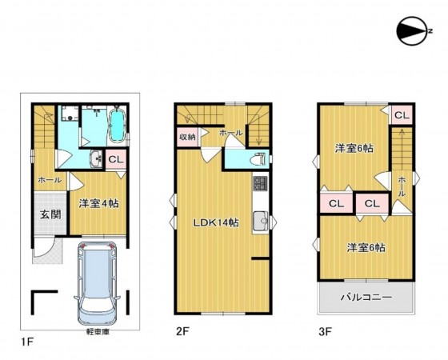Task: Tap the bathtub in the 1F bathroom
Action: click(118, 126)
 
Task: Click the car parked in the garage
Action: click(97, 284)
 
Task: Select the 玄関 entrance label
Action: click(50, 214)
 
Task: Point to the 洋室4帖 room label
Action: click(98, 204)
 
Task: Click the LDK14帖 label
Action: click(216, 222)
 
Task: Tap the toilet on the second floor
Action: click(258, 158)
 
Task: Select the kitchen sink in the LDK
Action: click(260, 221)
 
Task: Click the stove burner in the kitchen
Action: click(260, 184)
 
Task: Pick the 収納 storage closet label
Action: click(187, 137)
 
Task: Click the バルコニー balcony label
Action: click(366, 298)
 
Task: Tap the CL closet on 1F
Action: click(116, 160)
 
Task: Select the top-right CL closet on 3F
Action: click(402, 115)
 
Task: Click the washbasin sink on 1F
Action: click(96, 159)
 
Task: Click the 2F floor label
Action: click(182, 332)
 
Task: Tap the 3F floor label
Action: click(326, 332)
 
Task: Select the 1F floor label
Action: click(27, 342)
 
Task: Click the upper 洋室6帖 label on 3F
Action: click(354, 149)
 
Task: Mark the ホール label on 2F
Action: click(231, 133)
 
